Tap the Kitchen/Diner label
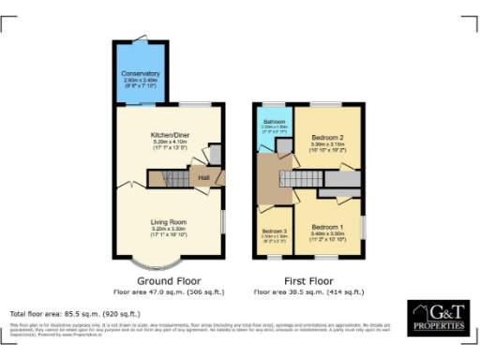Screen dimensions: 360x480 coord(169,135)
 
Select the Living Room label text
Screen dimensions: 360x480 coord(169,222)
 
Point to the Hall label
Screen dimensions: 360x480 coord(202,174)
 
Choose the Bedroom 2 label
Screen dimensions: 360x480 coord(328,138)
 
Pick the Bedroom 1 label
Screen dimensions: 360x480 coord(328,226)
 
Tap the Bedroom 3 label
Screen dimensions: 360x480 coord(275,231)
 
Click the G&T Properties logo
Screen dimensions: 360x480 coord(436,317)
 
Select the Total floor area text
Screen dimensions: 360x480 coord(75,313)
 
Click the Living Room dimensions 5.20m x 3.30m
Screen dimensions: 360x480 coord(169,230)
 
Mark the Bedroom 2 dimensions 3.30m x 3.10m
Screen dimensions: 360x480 coord(328,144)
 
